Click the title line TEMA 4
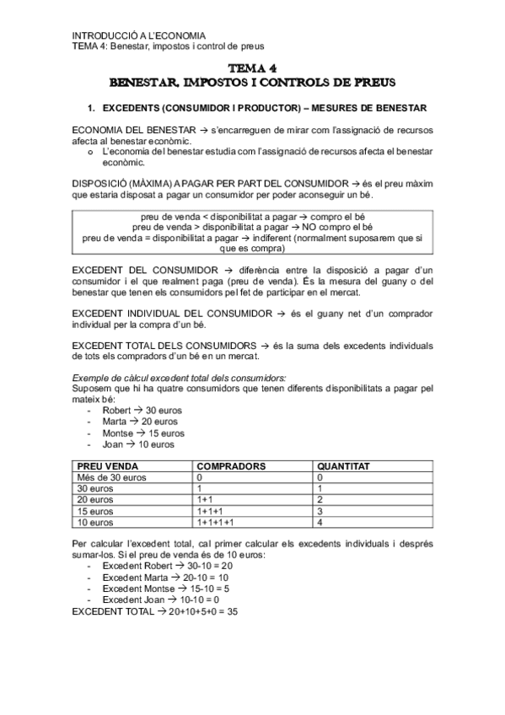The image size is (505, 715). click(x=252, y=68)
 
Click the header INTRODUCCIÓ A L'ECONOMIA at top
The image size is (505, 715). click(x=138, y=35)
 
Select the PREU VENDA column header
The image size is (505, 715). click(x=108, y=465)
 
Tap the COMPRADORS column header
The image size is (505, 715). click(x=231, y=465)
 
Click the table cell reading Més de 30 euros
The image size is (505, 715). click(x=111, y=477)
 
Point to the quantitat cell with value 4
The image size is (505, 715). click(x=320, y=522)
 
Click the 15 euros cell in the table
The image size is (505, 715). click(x=94, y=511)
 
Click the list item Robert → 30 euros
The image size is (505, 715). click(x=141, y=411)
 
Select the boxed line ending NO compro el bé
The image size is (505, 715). click(x=252, y=227)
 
